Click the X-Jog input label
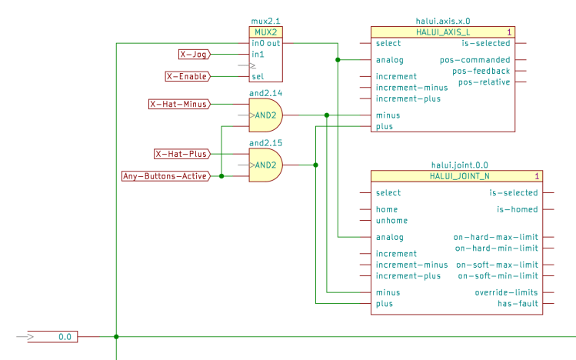click(x=193, y=55)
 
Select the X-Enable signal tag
click(x=187, y=76)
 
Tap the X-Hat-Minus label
click(x=178, y=104)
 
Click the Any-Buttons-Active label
click(x=165, y=176)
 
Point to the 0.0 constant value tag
click(x=65, y=337)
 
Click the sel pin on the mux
click(x=258, y=76)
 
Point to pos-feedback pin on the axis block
click(x=484, y=71)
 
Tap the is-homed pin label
click(x=517, y=209)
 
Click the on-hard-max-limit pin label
click(x=495, y=237)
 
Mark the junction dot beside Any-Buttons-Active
click(x=221, y=176)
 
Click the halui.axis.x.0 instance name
click(x=443, y=22)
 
